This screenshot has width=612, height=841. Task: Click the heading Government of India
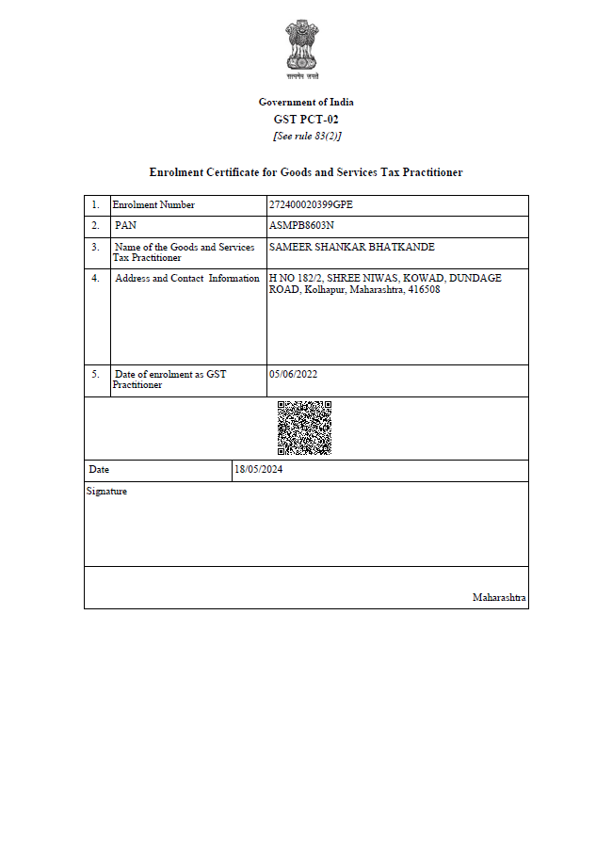[306, 102]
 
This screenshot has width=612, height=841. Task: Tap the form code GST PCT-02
[306, 120]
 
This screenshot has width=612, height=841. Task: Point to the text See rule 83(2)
[306, 137]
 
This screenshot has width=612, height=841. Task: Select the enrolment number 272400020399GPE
[311, 204]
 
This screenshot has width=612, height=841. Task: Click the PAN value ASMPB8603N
[301, 226]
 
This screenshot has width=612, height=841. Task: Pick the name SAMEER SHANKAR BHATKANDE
[351, 247]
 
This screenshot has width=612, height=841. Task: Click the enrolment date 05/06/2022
[293, 374]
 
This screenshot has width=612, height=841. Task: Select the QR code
[304, 428]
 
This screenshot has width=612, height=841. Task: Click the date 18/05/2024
[259, 469]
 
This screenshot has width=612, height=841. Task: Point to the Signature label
[106, 491]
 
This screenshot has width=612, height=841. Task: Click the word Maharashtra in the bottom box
[499, 598]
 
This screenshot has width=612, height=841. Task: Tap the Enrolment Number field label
[153, 204]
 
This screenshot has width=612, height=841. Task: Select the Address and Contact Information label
[186, 278]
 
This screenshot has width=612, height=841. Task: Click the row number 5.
[95, 374]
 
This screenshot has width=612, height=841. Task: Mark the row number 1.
[95, 204]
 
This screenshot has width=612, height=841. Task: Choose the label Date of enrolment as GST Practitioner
[169, 379]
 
